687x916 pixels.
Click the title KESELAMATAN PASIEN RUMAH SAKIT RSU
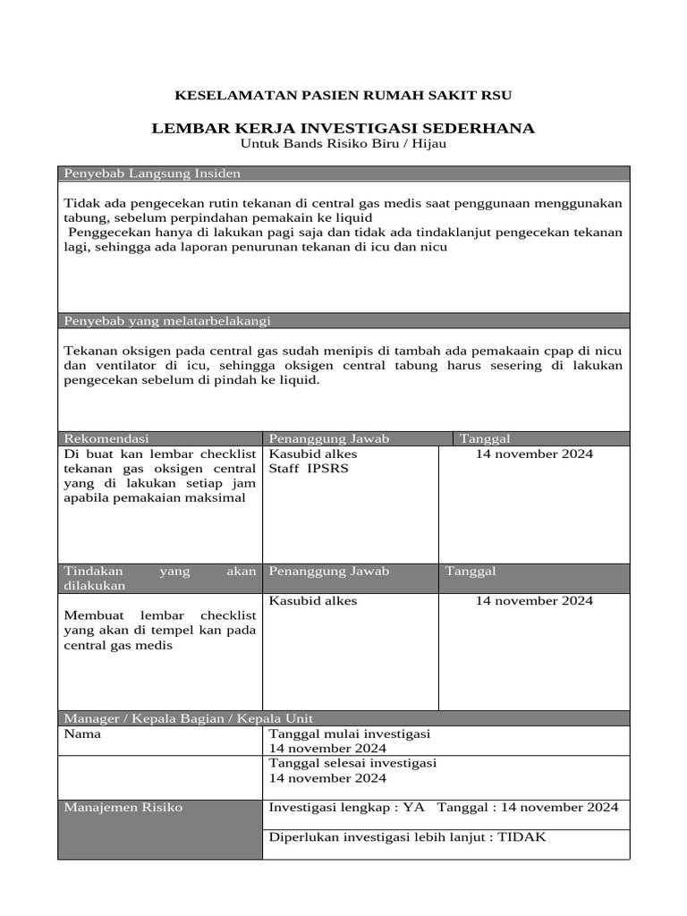point(343,95)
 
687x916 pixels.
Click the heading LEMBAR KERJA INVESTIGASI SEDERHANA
point(343,128)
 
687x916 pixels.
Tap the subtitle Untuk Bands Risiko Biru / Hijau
point(343,143)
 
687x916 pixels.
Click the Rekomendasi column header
point(106,438)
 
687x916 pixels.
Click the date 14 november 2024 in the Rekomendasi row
point(534,454)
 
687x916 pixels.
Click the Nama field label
point(82,734)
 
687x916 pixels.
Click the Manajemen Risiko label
point(123,807)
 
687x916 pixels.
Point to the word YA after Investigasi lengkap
point(413,807)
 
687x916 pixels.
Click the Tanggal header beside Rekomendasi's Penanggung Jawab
point(485,438)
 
